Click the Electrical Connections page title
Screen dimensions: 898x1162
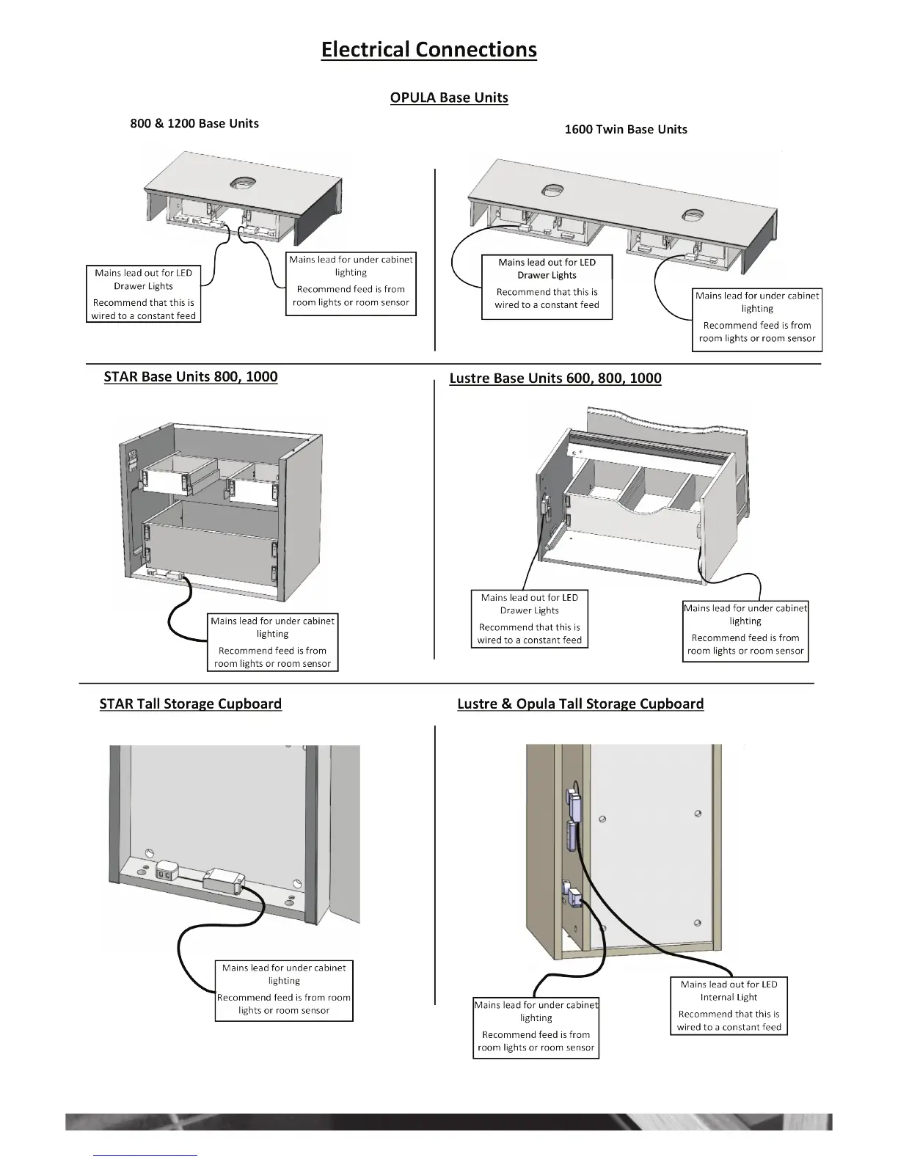pos(428,50)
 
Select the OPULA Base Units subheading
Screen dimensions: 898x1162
pos(449,98)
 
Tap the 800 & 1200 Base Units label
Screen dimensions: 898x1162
pos(194,123)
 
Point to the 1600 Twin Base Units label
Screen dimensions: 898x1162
pos(626,129)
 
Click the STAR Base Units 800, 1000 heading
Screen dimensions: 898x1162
pos(191,377)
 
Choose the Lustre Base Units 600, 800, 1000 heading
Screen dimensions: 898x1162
pos(555,379)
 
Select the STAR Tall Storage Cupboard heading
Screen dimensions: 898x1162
pos(191,704)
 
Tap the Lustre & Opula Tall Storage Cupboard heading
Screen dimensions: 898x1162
pos(580,704)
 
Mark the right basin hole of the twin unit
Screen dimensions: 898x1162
pos(693,215)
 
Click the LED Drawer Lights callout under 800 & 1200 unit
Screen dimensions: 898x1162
pos(144,294)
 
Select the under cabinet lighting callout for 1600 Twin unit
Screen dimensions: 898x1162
pos(757,319)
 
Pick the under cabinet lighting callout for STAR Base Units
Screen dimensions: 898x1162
pos(272,642)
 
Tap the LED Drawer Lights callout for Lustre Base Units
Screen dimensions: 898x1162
pos(530,619)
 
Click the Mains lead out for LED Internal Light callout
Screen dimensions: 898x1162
pos(729,1006)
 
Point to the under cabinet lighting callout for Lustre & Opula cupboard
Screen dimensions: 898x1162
pos(536,1026)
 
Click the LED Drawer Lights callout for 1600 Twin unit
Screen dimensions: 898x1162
pos(547,287)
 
